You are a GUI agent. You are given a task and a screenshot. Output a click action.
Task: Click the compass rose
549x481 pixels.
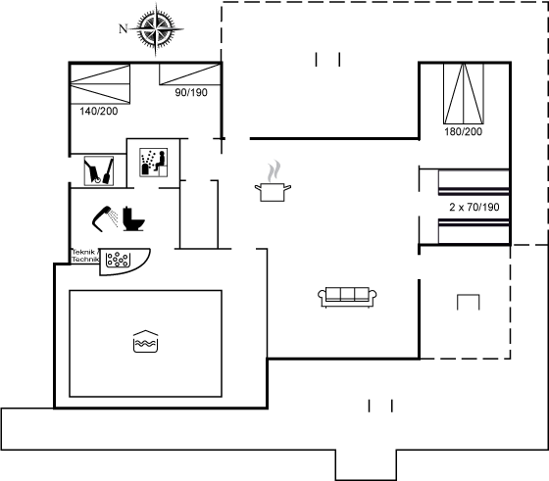point(156,29)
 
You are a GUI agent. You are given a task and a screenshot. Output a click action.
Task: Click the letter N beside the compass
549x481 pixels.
point(123,28)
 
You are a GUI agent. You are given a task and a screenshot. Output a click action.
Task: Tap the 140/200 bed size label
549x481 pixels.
point(99,112)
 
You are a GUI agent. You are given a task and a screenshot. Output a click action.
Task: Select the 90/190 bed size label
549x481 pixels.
point(191,92)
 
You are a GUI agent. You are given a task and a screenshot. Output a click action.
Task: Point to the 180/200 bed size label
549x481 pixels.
point(463,131)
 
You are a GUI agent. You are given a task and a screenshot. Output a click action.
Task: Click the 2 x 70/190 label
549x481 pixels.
point(474,207)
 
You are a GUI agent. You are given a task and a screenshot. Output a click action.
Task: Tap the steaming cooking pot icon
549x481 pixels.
point(273,181)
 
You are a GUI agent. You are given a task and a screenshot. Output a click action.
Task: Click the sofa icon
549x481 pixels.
point(347,297)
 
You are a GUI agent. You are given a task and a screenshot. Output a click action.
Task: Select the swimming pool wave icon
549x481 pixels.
point(146,341)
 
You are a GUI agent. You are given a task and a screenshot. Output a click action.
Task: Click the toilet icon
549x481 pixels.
point(133,219)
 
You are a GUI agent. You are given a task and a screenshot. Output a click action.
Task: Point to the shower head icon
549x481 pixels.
point(105,218)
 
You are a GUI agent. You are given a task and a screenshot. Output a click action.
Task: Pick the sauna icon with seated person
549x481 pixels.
point(153,163)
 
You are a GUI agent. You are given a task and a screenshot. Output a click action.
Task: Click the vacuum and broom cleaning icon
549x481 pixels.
point(99,170)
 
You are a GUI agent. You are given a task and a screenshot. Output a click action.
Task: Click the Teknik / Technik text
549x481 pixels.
point(86,256)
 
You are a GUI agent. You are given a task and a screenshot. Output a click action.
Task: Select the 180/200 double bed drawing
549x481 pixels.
point(464,94)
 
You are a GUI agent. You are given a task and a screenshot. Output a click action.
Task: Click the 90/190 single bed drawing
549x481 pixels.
point(190,74)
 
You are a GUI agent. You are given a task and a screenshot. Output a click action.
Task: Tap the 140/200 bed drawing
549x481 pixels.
point(100,84)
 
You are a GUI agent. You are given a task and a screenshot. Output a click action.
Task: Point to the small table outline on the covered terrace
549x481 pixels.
point(469,303)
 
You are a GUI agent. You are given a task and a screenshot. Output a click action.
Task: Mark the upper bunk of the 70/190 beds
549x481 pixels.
point(474,182)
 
